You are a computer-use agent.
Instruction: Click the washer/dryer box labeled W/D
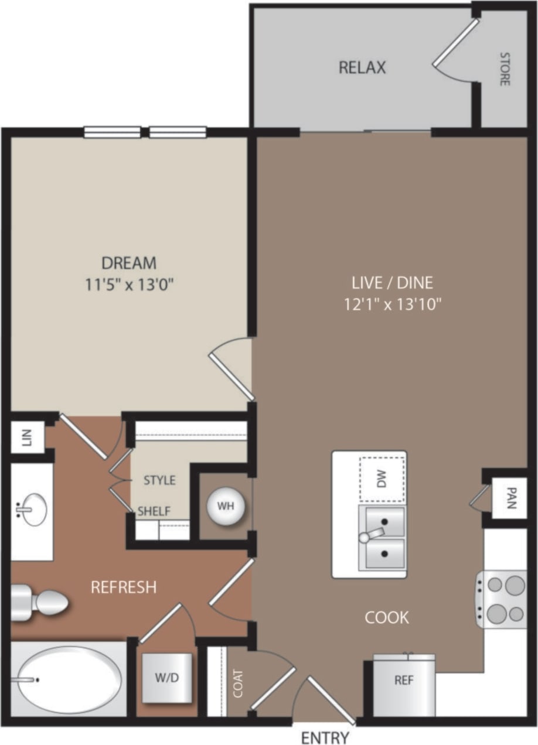(x=167, y=678)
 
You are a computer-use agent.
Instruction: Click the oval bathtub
(x=69, y=679)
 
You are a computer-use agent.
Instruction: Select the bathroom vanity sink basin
(x=33, y=510)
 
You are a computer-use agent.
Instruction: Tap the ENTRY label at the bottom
(x=325, y=737)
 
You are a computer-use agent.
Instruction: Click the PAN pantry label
(x=511, y=498)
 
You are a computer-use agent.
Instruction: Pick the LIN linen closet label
(x=26, y=436)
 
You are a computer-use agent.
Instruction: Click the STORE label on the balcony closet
(x=504, y=69)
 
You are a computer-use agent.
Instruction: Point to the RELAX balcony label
(x=362, y=68)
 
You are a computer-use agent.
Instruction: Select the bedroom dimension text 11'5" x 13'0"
(x=129, y=285)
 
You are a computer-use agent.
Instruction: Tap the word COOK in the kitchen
(x=387, y=617)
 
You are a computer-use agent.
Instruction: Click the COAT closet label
(x=238, y=683)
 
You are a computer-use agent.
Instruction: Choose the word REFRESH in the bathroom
(x=123, y=587)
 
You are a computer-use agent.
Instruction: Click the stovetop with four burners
(x=502, y=599)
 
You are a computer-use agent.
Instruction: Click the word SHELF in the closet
(x=154, y=511)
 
